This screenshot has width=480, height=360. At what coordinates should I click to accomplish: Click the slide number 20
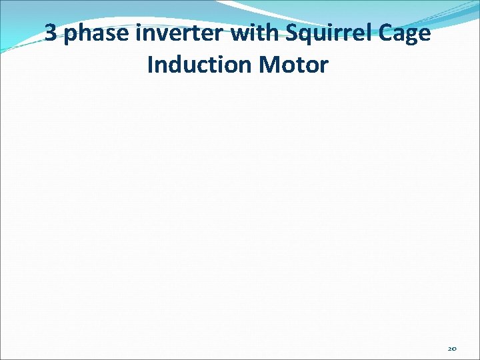click(452, 348)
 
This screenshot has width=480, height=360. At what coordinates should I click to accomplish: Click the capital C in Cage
click(388, 33)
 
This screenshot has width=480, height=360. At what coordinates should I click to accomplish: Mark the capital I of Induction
click(151, 65)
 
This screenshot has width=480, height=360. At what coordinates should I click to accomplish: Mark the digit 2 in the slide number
click(449, 348)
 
